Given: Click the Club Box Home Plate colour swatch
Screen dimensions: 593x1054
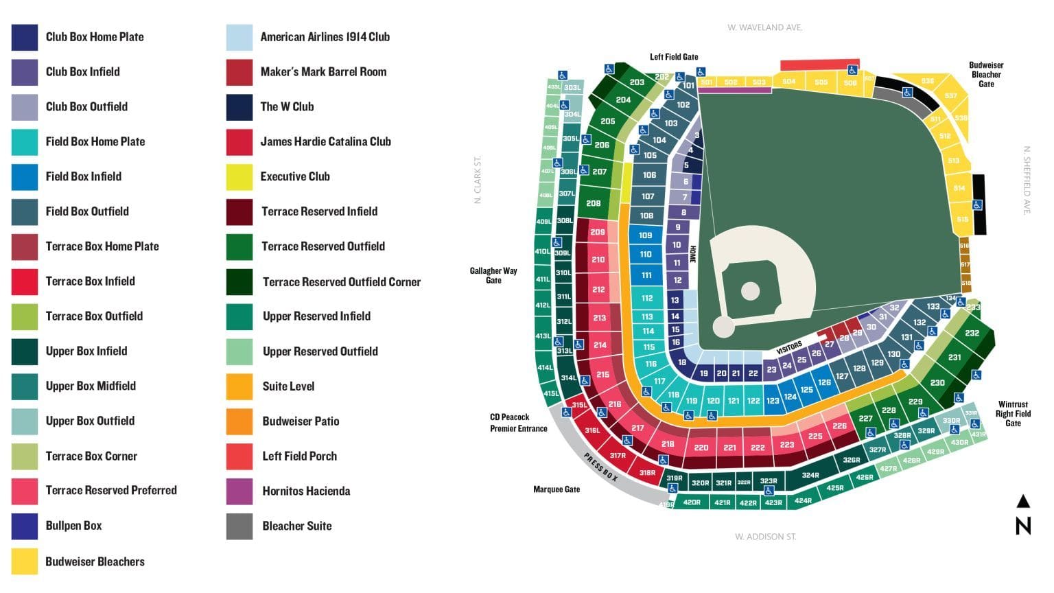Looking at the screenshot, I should pos(25,37).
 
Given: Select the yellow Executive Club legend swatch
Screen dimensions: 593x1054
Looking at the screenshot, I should pos(239,176).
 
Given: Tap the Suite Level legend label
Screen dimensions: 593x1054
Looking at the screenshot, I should pos(288,386).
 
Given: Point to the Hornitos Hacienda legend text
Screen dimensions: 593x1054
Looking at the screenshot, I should pos(306,491).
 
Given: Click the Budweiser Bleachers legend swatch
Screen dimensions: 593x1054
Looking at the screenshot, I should pos(25,561).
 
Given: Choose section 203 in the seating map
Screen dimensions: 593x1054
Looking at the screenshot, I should pos(637,82).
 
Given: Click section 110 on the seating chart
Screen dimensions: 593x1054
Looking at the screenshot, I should pos(646,254).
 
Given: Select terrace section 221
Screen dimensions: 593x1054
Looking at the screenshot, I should pos(729,447).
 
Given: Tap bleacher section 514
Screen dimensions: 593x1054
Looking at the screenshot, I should pos(959,188).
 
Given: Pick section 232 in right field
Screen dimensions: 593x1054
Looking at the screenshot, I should pos(972,334).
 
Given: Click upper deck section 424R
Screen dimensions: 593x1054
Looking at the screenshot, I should pos(803,500).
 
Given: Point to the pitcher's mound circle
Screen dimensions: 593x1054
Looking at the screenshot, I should pos(751,290).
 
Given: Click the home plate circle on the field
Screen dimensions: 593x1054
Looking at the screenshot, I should pos(723,327).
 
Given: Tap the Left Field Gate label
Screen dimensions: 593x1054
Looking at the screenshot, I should pos(674,57).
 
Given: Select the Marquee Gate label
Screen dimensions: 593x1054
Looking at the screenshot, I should pos(557,489).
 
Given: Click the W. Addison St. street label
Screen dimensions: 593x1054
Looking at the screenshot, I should pos(765,537).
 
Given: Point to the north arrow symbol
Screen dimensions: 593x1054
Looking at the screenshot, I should pos(1023,514).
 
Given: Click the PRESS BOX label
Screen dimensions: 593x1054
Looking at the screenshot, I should pos(600,467).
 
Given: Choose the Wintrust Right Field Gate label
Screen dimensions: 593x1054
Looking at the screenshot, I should pos(1013,414).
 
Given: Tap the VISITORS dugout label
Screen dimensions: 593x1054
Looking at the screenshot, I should pos(789,348).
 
